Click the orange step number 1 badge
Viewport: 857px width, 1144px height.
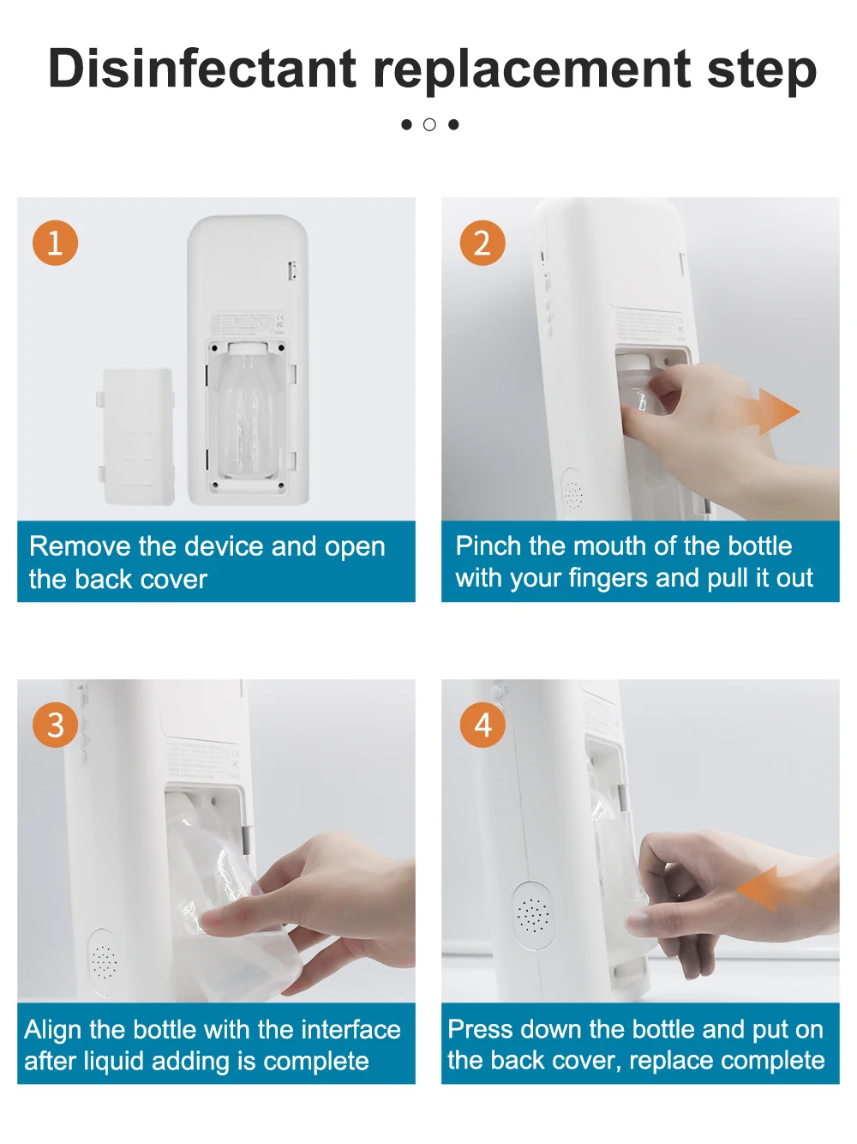point(55,243)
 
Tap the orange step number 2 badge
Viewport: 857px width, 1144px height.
point(482,243)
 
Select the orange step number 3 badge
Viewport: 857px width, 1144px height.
point(55,725)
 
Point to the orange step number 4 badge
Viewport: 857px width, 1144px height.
point(482,725)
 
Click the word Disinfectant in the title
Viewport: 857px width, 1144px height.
point(202,69)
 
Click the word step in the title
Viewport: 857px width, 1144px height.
point(761,72)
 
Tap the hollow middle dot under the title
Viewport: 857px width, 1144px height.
point(429,124)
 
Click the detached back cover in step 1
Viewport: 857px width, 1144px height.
point(136,437)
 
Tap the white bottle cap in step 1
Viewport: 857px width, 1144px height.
point(249,348)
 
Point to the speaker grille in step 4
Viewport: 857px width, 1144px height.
point(533,915)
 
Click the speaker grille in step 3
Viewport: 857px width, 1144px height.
point(105,961)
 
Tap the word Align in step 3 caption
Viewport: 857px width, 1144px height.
point(53,1030)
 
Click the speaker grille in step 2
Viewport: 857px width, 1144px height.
point(573,494)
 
